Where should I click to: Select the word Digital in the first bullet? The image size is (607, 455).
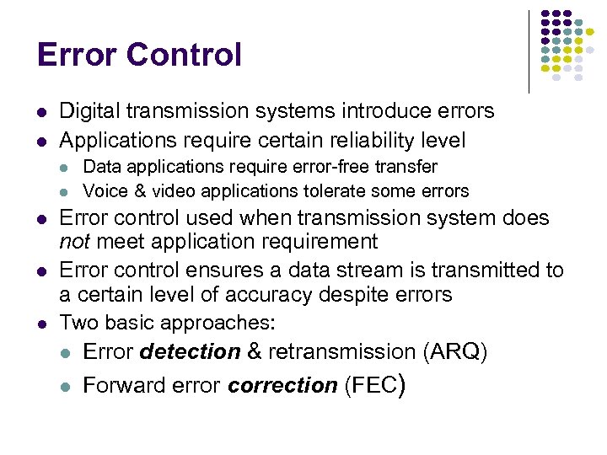coord(89,111)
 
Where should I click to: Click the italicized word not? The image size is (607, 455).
coord(72,243)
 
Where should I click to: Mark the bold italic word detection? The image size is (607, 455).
coord(190,351)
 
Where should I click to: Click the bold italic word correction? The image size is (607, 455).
coord(282,386)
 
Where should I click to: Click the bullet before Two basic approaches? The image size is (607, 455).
coord(42,324)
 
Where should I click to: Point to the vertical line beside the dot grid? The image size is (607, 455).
coord(529,51)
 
